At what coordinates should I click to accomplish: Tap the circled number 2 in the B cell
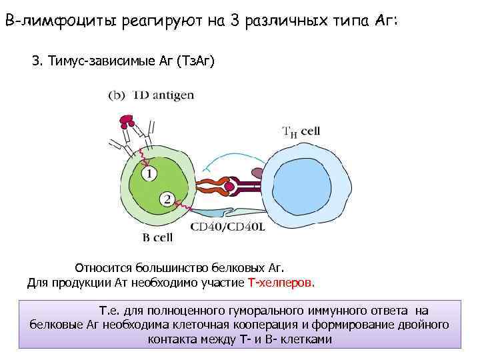[167, 199]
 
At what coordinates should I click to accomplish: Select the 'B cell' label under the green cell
[158, 236]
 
